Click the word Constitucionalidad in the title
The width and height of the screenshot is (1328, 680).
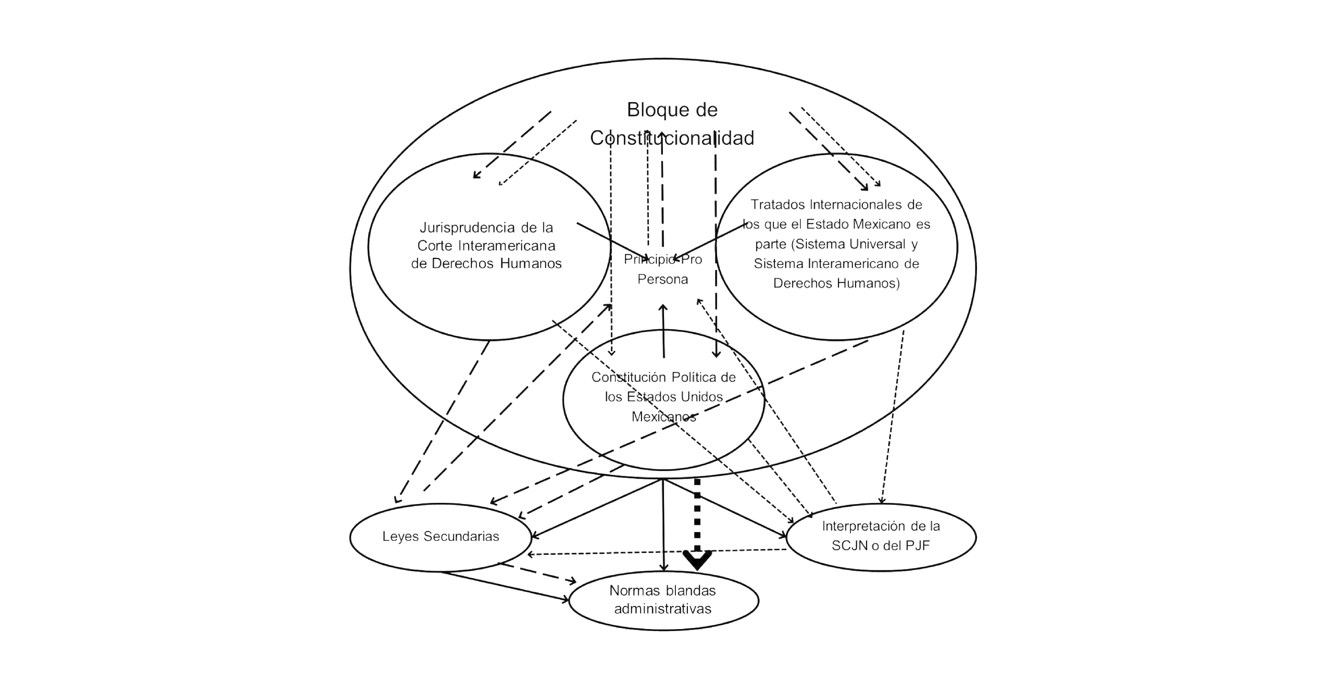[x=672, y=138]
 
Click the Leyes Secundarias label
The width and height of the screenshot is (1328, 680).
[x=441, y=537]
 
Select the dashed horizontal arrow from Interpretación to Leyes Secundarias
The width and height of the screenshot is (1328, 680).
[x=655, y=552]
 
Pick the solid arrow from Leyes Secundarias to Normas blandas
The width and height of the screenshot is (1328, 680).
[x=505, y=586]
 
